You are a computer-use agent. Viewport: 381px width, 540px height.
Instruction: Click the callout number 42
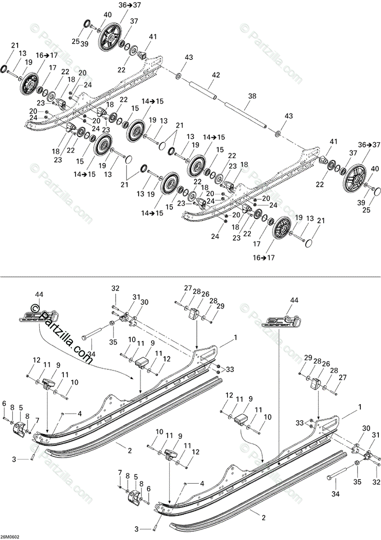[x=216, y=75]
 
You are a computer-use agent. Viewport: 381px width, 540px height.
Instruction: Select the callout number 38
[x=251, y=96]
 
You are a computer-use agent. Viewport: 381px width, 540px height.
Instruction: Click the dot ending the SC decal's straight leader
[x=279, y=463]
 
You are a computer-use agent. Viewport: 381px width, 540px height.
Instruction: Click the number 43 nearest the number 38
[x=288, y=116]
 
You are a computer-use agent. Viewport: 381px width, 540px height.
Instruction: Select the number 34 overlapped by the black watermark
[x=92, y=355]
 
